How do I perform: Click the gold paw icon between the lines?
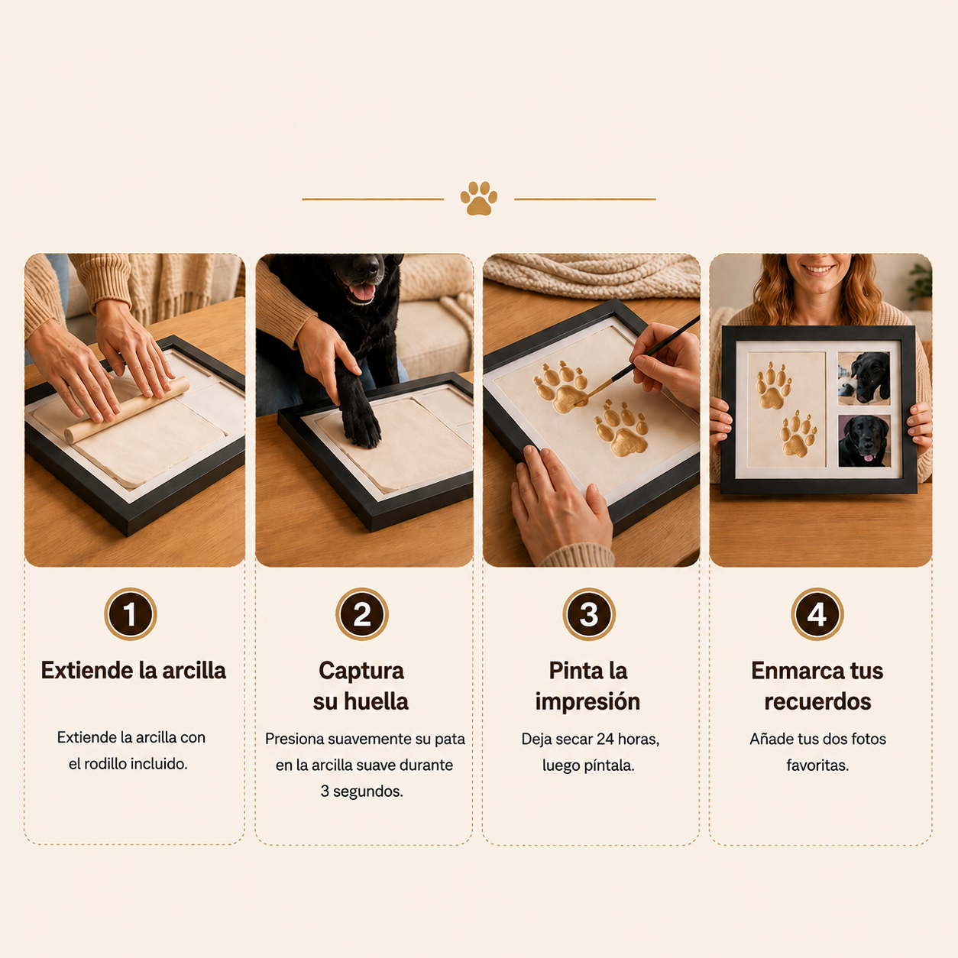pos(479,199)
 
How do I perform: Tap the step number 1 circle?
pos(131,614)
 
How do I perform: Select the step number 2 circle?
pos(362,614)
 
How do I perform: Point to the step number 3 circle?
pos(589,614)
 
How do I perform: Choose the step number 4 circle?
pos(817,614)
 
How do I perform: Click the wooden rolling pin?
pos(127,410)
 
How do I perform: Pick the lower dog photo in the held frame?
pos(864,441)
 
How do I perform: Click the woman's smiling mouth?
pos(818,270)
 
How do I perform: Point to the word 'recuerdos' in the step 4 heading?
pos(817,701)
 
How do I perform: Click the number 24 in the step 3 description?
pos(606,740)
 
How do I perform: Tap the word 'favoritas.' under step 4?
pos(817,765)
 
